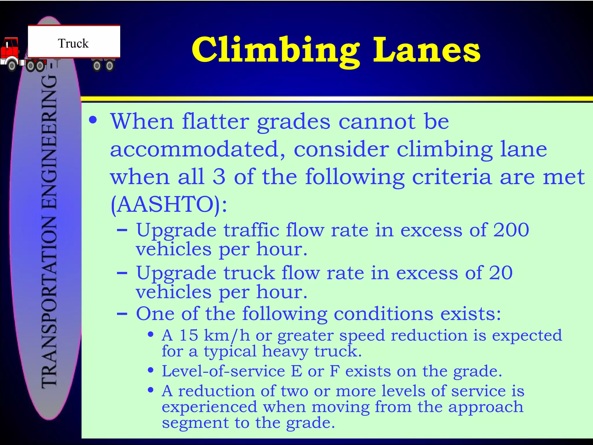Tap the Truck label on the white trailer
click(x=73, y=43)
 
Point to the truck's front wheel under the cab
click(x=12, y=66)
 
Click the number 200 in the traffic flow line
click(x=511, y=230)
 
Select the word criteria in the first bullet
click(x=452, y=177)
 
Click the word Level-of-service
click(x=223, y=371)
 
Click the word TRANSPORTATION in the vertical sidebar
click(x=49, y=301)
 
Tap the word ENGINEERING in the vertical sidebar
click(x=49, y=145)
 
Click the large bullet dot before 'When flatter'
click(x=93, y=120)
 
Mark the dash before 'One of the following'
click(x=122, y=314)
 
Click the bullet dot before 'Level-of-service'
click(x=150, y=371)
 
